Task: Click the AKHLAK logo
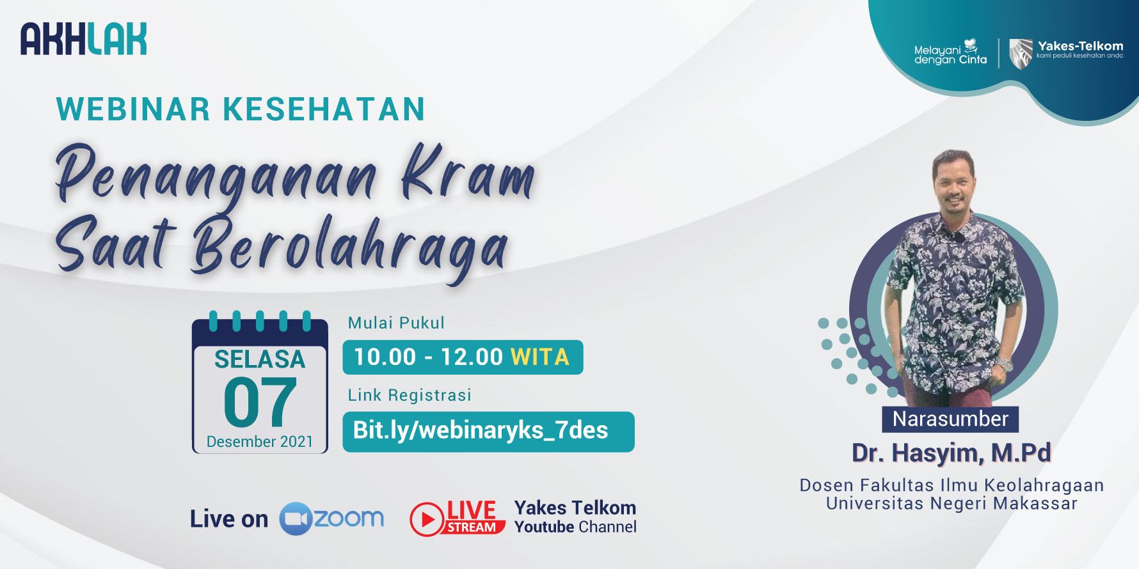pos(84,39)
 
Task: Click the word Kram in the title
pos(468,173)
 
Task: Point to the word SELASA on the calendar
pos(260,360)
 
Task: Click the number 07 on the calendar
pos(260,402)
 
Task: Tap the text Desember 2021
pos(260,442)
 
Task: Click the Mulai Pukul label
pos(396,323)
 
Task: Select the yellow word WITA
pos(539,357)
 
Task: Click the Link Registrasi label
pos(410,395)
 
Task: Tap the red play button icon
pos(427,519)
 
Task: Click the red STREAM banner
pos(472,527)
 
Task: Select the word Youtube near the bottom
pos(544,527)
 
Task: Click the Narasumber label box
pos(950,419)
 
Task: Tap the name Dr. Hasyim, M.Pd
pos(951,453)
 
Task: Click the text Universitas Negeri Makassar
pos(952,504)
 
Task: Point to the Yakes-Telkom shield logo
pos(1021,52)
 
